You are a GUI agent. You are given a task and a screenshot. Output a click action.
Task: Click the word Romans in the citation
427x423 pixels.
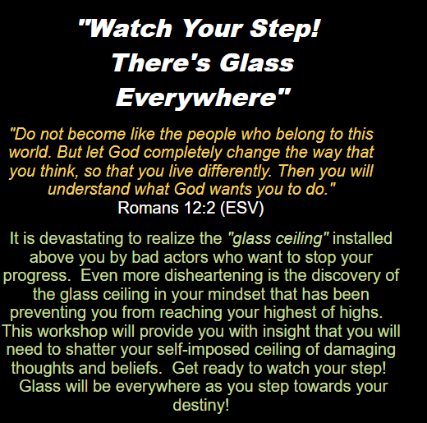148,208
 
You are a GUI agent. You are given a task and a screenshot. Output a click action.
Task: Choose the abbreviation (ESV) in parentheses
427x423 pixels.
242,209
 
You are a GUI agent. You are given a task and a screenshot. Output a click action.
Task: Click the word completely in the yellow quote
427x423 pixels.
183,153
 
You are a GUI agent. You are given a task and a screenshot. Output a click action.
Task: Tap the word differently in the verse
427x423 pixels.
235,171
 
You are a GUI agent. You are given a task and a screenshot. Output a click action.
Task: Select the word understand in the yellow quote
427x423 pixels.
89,189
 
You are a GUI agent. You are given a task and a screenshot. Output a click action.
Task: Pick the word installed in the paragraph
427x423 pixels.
362,238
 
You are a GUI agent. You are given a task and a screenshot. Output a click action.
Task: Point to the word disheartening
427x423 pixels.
213,276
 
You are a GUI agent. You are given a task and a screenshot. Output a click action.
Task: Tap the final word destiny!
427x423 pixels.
201,406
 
